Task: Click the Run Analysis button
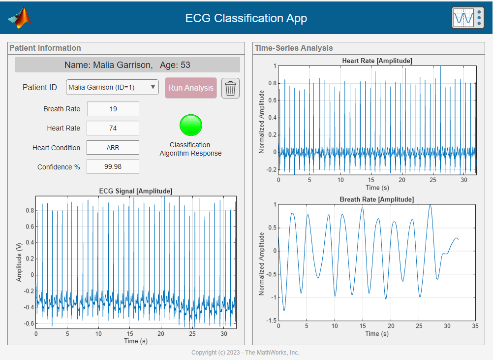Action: coord(191,88)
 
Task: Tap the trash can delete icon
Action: coord(230,88)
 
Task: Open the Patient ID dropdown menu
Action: coord(112,87)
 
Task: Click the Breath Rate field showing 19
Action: coord(113,109)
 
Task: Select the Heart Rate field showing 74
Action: coord(113,128)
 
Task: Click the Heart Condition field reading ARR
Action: coord(113,147)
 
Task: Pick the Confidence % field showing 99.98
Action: coord(113,166)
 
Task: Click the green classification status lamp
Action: coord(191,125)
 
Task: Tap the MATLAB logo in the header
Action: coord(20,18)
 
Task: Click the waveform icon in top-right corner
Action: coord(467,18)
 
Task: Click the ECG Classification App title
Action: coord(246,18)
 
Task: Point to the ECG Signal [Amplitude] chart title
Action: coord(136,191)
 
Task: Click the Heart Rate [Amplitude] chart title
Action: coord(377,61)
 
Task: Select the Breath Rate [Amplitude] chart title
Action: coord(377,199)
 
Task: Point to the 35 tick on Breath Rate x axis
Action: coord(475,326)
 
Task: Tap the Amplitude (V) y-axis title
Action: coord(20,262)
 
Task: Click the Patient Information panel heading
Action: coord(45,48)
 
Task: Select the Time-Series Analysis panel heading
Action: coord(294,48)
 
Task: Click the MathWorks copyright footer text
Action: coord(245,353)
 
